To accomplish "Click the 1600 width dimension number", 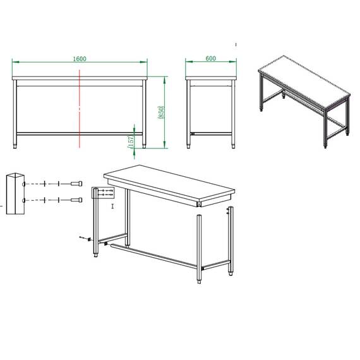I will [x=80, y=59].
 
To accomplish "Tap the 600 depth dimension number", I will [x=211, y=59].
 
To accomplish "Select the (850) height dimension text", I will [x=162, y=112].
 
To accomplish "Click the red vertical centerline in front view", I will [x=80, y=107].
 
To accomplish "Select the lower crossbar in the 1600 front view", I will [x=81, y=134].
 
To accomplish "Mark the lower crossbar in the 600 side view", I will [x=212, y=134].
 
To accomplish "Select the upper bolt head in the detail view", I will [x=76, y=184].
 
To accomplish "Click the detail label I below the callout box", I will [x=112, y=207].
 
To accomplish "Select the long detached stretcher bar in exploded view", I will [x=155, y=255].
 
